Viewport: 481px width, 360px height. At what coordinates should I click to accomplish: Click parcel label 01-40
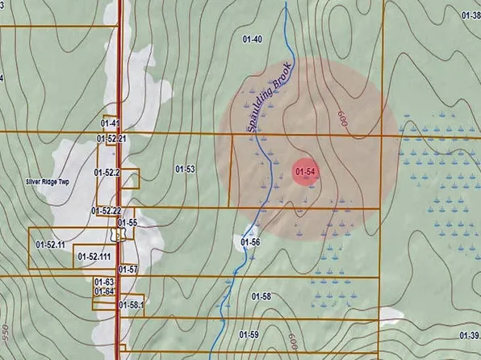(x=253, y=39)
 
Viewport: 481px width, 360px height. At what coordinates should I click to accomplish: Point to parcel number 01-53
(x=186, y=169)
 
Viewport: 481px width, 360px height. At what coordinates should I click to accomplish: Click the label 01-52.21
(x=111, y=139)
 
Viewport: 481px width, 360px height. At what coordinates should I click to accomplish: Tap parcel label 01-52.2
(x=107, y=173)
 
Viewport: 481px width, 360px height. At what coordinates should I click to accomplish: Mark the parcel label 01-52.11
(x=50, y=242)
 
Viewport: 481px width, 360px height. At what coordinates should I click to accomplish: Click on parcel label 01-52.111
(x=94, y=256)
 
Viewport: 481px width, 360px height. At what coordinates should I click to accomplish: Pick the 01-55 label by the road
(x=128, y=222)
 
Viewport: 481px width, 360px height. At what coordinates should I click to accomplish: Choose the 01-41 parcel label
(x=111, y=123)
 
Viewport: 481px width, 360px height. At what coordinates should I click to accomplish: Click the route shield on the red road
(x=119, y=234)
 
